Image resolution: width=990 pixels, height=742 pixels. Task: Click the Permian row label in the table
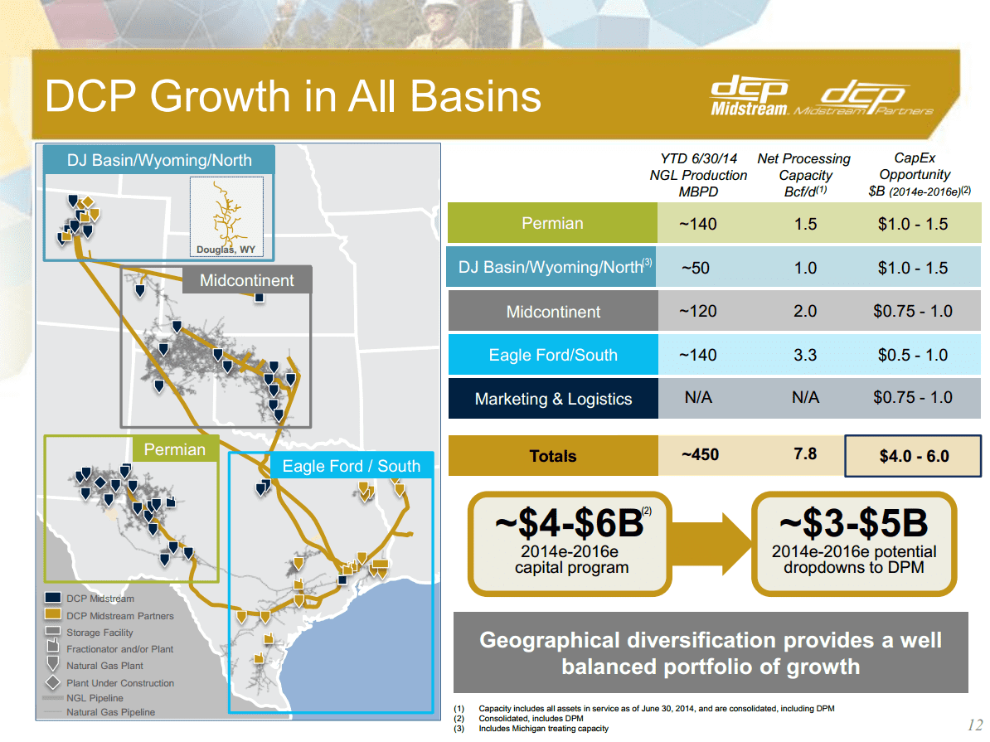552,223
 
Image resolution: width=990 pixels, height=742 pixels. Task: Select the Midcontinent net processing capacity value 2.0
804,312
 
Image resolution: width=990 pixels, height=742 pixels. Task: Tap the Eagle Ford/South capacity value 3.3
804,355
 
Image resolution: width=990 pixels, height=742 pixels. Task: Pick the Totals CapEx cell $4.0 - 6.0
913,456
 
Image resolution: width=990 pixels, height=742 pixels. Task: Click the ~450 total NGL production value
698,454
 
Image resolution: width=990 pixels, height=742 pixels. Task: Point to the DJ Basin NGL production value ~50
698,268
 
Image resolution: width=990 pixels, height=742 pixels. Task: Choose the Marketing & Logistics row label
553,399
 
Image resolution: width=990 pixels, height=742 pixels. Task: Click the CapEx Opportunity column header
915,174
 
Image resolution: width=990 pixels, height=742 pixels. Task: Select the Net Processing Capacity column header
803,175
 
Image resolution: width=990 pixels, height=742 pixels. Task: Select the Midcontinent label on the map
246,280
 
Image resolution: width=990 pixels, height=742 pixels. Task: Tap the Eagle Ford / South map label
351,466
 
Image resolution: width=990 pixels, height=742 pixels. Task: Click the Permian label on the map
174,449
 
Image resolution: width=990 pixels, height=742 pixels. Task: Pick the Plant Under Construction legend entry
120,683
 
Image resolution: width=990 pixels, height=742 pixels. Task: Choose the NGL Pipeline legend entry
95,698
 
